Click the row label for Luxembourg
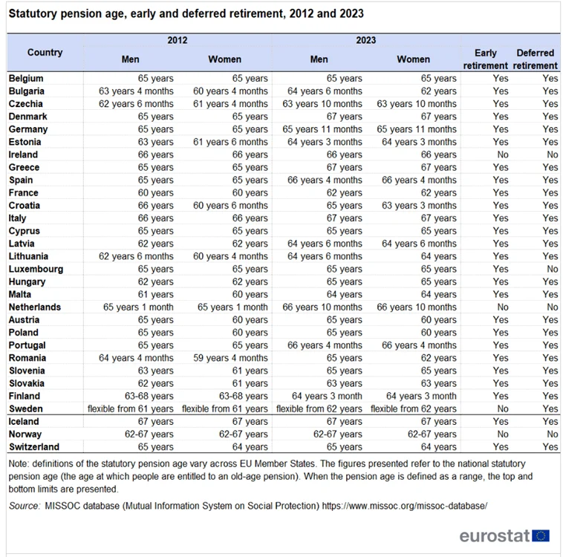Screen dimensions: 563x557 point(36,269)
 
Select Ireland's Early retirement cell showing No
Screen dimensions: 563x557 point(503,154)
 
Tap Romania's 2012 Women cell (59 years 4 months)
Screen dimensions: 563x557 point(230,358)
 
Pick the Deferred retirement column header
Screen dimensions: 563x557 point(535,59)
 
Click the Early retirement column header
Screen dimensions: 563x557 point(486,59)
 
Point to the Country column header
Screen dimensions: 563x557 point(45,53)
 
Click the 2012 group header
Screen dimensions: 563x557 point(178,40)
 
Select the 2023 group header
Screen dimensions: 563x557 point(366,40)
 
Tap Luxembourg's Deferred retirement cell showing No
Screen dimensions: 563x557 point(552,269)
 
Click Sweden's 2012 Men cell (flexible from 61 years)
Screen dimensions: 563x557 point(130,408)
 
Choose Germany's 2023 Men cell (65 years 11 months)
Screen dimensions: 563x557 point(322,129)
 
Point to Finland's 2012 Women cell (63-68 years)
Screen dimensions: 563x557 point(244,396)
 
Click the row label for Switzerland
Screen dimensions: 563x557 point(34,447)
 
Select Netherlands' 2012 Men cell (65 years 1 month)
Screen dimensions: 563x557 point(138,307)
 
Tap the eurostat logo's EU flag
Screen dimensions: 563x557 point(541,535)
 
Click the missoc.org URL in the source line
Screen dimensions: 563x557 point(405,506)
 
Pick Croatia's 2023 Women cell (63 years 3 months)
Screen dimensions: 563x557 point(419,206)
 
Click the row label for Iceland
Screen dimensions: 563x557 point(24,422)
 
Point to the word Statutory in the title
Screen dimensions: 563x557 point(33,13)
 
